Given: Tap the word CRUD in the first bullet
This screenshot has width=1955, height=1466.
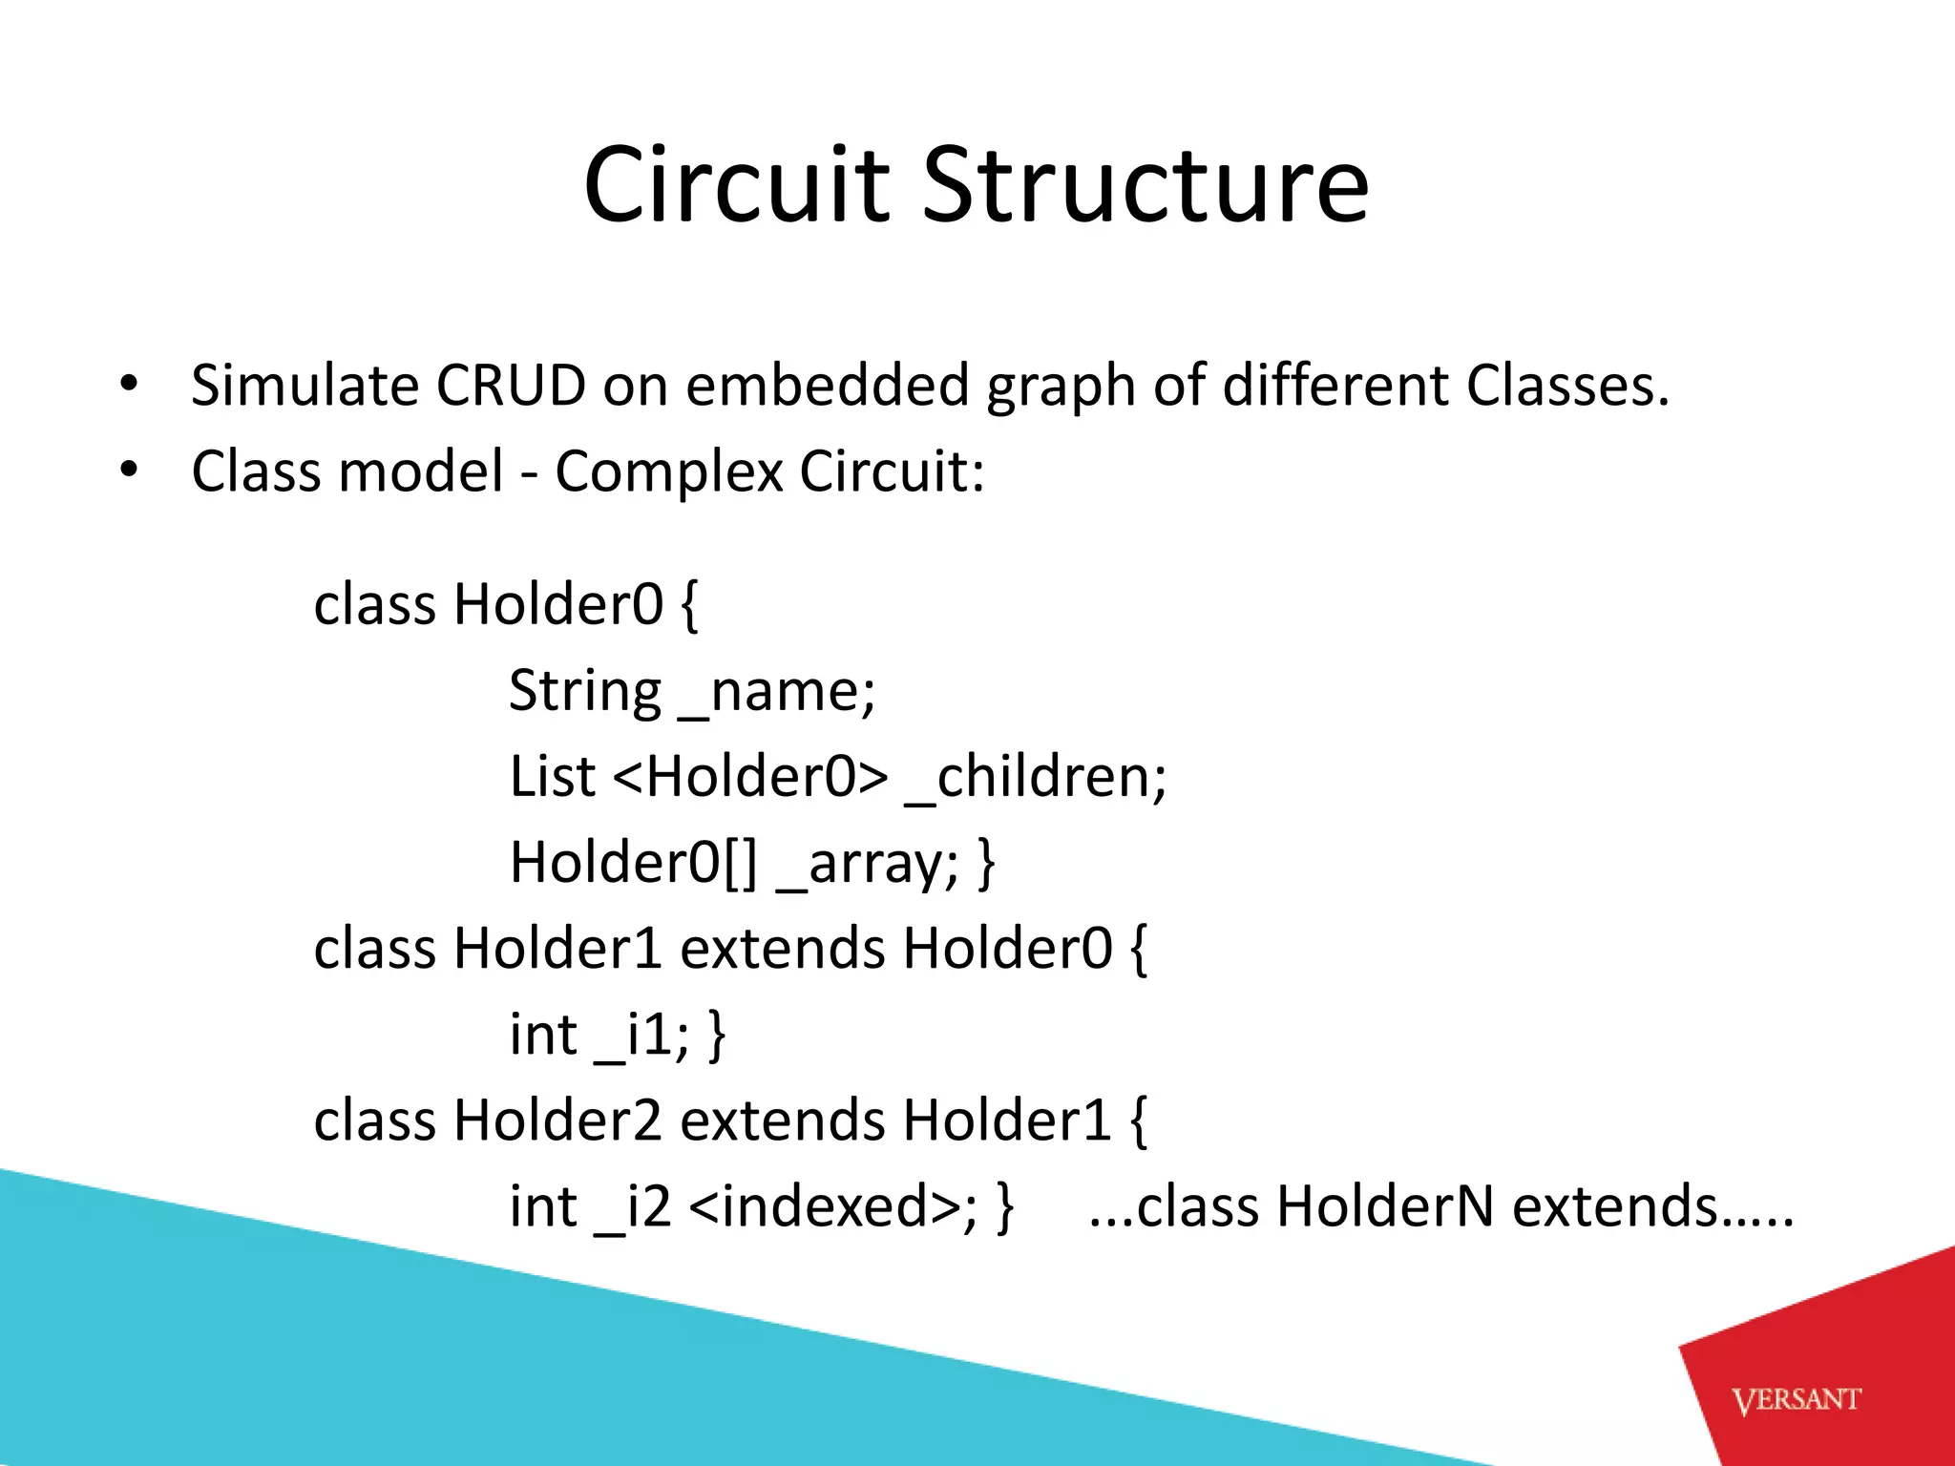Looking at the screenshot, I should coord(511,386).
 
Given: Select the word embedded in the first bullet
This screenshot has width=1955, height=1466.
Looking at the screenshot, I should coord(827,386).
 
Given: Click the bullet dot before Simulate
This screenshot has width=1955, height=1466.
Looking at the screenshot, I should coord(129,386).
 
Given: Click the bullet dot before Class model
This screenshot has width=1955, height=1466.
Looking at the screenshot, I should coord(129,471).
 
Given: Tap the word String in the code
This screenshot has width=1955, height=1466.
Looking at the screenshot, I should coord(584,691).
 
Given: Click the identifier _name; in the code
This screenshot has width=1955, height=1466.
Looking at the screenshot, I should coord(776,691).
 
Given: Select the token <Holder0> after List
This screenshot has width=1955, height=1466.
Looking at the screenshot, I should coord(749,776).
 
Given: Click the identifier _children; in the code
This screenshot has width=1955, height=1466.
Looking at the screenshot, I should coord(1035,776).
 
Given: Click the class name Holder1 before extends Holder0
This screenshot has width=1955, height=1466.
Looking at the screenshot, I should coord(557,949).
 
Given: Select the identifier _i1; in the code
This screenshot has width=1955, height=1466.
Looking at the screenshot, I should coord(641,1035).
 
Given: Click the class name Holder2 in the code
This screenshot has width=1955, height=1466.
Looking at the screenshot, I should coord(557,1120).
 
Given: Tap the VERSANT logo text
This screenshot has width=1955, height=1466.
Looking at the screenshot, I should coord(1796,1400).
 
